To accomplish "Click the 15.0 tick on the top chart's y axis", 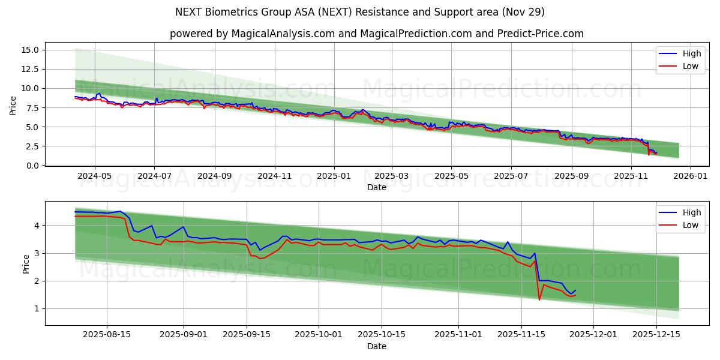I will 30,50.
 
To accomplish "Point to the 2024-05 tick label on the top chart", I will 95,176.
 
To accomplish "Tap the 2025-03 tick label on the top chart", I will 392,176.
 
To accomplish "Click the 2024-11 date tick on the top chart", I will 274,176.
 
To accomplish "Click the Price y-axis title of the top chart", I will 13,106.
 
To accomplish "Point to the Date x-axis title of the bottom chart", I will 377,346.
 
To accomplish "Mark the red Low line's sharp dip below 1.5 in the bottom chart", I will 539,299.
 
